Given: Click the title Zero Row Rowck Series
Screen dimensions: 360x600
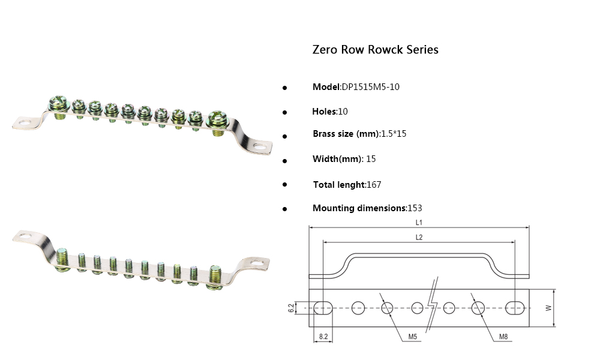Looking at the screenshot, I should point(375,50).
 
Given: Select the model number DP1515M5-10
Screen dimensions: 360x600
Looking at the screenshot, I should point(370,87).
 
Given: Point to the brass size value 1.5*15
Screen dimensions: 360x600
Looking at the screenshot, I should point(394,134).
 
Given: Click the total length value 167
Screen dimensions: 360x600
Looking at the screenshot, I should point(374,185).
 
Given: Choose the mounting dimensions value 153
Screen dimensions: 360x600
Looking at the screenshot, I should point(415,208).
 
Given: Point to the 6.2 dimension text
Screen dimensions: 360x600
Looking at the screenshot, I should point(291,308).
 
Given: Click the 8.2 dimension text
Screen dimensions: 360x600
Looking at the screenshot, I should point(323,337).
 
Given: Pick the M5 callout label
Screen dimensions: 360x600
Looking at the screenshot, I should point(413,337).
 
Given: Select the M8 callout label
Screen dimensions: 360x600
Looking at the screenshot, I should point(504,337).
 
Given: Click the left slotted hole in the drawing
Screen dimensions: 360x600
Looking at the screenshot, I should point(323,308).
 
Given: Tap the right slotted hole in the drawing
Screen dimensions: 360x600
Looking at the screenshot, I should point(515,308).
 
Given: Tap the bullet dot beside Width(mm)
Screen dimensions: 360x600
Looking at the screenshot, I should point(284,160).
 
